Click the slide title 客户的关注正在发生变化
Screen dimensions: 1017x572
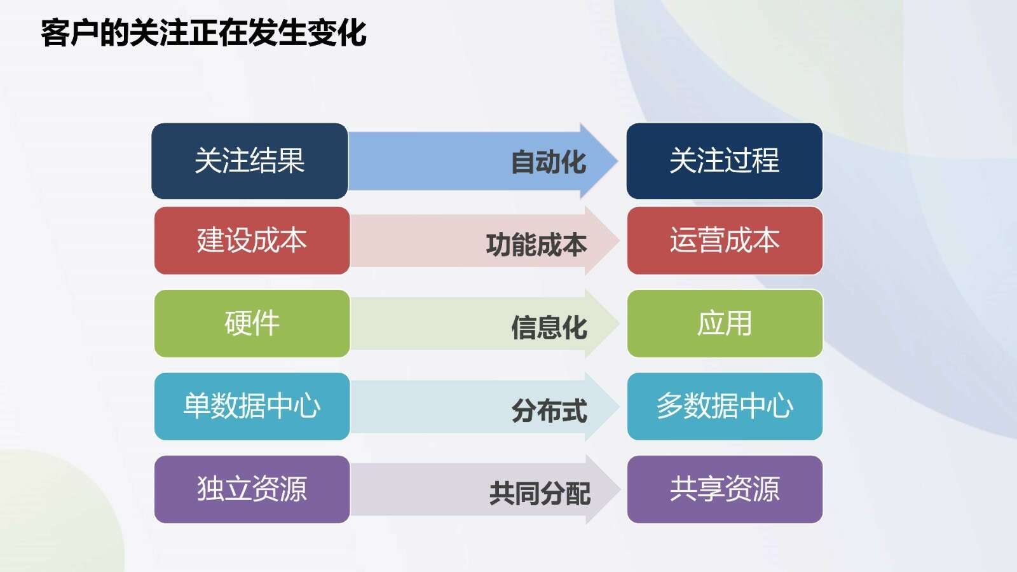click(203, 32)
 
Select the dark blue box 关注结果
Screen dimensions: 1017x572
click(250, 161)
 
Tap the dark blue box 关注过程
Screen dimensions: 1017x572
click(725, 161)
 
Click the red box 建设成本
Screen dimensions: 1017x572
click(252, 241)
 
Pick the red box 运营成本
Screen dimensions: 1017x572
click(725, 241)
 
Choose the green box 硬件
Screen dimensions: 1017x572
click(252, 323)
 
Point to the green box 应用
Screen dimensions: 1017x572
click(725, 323)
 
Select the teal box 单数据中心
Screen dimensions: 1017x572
click(252, 406)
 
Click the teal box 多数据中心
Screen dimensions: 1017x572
click(725, 406)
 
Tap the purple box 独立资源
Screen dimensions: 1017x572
click(252, 489)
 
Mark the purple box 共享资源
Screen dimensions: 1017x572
click(725, 489)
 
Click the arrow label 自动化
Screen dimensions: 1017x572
click(549, 162)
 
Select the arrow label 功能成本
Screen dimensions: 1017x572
click(536, 245)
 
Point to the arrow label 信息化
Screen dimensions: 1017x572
click(549, 327)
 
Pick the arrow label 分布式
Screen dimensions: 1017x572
click(549, 411)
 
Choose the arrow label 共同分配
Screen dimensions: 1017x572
click(540, 493)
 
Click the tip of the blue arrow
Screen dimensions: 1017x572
click(617, 161)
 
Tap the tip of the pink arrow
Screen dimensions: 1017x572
click(619, 241)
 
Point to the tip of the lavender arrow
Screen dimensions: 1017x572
click(620, 489)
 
